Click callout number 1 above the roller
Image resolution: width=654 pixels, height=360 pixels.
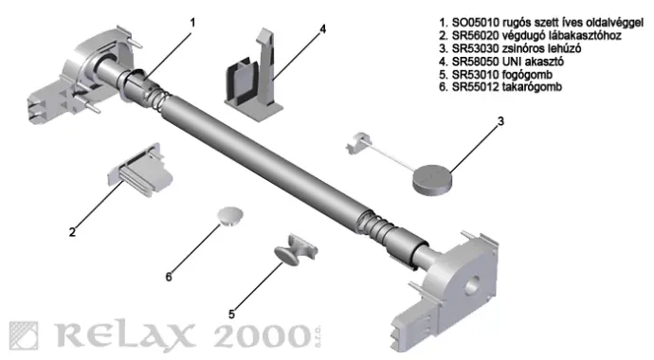tap(192, 23)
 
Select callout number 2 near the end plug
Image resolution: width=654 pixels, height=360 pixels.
tap(73, 232)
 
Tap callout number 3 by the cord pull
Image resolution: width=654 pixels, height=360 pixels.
tap(500, 121)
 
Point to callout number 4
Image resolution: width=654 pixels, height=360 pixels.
tap(322, 28)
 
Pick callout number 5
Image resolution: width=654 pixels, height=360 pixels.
tap(232, 314)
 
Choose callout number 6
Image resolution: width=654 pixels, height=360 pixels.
tap(169, 277)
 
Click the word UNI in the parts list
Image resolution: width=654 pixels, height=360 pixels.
tap(512, 62)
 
